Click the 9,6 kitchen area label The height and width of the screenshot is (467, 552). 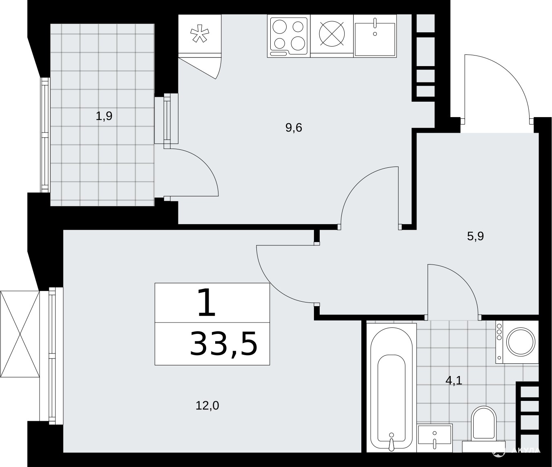(294, 128)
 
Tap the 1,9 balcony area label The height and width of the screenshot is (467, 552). (104, 116)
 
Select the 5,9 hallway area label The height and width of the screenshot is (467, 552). (476, 236)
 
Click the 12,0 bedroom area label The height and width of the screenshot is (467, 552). (207, 406)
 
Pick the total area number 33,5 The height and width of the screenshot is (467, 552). (224, 343)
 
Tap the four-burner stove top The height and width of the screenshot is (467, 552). (289, 36)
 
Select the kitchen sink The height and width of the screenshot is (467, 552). (375, 36)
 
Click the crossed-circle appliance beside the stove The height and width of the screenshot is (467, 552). (332, 34)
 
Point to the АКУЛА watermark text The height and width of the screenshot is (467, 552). (525, 450)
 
